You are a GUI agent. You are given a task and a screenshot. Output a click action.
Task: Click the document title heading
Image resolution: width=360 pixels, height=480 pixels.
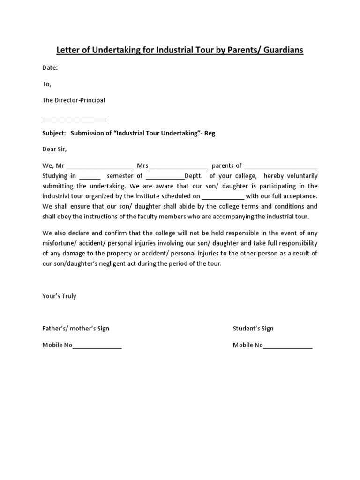click(x=180, y=50)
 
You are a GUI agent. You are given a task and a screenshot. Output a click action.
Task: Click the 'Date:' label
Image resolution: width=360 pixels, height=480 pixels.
click(x=50, y=68)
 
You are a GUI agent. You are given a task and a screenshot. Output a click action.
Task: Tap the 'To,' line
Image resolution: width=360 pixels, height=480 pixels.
click(x=47, y=84)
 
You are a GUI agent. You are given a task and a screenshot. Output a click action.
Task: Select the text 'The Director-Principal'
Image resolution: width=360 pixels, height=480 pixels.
click(x=74, y=100)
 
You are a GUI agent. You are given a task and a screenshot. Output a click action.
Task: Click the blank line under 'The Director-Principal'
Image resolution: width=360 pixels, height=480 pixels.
click(x=74, y=119)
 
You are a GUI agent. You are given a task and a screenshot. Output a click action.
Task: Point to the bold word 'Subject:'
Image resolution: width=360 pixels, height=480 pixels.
click(x=54, y=133)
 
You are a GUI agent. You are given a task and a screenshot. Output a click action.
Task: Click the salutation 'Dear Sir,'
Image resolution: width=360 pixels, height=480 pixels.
click(x=55, y=149)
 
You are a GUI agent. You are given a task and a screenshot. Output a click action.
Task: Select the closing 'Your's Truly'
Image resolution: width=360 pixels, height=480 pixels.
click(x=59, y=296)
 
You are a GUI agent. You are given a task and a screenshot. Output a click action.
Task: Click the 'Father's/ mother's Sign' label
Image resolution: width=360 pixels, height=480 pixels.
click(x=75, y=329)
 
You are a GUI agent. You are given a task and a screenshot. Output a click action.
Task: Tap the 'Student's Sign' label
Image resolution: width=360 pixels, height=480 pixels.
click(x=253, y=329)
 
